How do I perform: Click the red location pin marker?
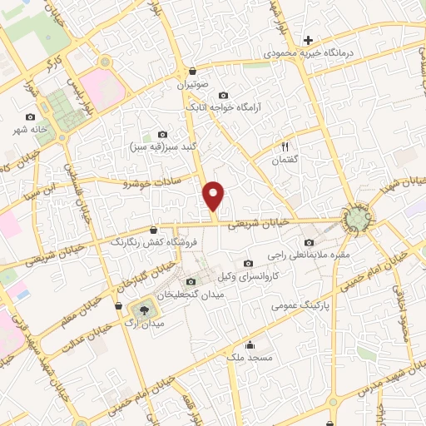(215, 196)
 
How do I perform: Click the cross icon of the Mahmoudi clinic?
(308, 39)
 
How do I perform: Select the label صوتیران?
(193, 84)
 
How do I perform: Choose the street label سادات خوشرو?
(152, 181)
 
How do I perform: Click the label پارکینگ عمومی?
(299, 305)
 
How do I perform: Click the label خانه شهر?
(31, 131)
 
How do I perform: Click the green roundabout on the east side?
(356, 219)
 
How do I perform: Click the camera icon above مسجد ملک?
(249, 344)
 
